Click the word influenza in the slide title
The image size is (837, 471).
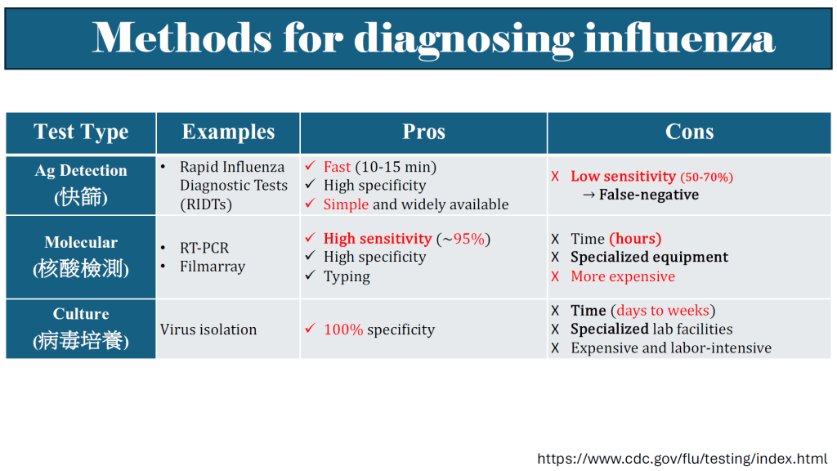tap(679, 38)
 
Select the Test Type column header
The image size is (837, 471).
tap(81, 132)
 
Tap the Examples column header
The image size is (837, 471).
tap(229, 132)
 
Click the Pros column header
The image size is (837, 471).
tap(424, 132)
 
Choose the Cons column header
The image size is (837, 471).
tap(689, 132)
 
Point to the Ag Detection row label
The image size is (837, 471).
tap(81, 170)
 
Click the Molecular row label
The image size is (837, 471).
tap(81, 242)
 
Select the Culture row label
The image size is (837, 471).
tap(81, 314)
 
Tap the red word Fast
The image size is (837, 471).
tap(337, 167)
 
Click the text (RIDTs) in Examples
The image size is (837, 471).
tap(206, 204)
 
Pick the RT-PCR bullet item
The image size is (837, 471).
tap(204, 248)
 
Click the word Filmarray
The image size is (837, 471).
tap(213, 267)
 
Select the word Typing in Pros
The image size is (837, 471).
tap(347, 276)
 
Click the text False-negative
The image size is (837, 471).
tap(648, 195)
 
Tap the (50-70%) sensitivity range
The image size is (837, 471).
tap(706, 177)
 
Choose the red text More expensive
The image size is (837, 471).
tap(623, 276)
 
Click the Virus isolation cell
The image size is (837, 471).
tap(208, 330)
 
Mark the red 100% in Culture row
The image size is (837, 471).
tap(343, 330)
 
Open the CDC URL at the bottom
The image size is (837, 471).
tap(683, 459)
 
